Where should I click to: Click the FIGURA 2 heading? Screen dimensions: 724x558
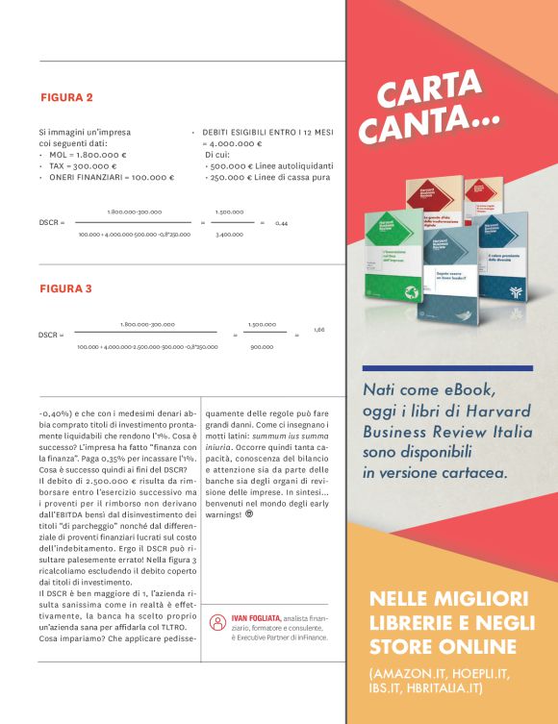tap(66, 98)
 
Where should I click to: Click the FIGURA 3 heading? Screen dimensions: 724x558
tap(66, 288)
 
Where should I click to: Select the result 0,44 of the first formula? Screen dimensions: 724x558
tap(281, 223)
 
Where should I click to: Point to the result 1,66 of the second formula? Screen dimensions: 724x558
tap(318, 330)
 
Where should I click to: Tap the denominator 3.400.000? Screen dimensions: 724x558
tap(229, 234)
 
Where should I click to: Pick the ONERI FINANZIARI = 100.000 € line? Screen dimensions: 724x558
tap(110, 177)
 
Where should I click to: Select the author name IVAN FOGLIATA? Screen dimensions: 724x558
tap(255, 615)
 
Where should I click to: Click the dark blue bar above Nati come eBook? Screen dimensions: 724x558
tap(446, 368)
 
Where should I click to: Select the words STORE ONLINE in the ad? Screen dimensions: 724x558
tap(443, 645)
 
